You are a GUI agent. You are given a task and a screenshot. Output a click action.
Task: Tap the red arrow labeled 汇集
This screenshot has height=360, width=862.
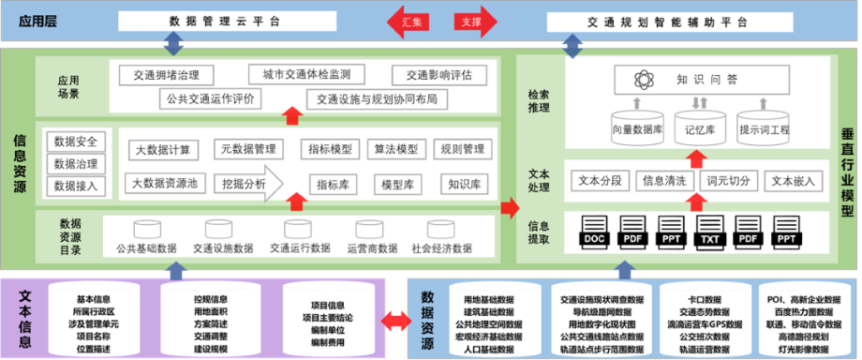(x=410, y=21)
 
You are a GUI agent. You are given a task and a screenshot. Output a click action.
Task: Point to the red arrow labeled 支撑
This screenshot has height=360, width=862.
(x=470, y=21)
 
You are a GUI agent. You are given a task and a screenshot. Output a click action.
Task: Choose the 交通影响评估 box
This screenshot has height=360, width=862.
(x=432, y=75)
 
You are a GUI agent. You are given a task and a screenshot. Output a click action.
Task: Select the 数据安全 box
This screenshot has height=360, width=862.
(x=78, y=142)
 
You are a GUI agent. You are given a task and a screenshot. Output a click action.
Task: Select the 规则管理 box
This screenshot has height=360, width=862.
(x=462, y=149)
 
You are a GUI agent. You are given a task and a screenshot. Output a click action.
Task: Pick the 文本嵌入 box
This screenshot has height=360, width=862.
(x=793, y=179)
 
